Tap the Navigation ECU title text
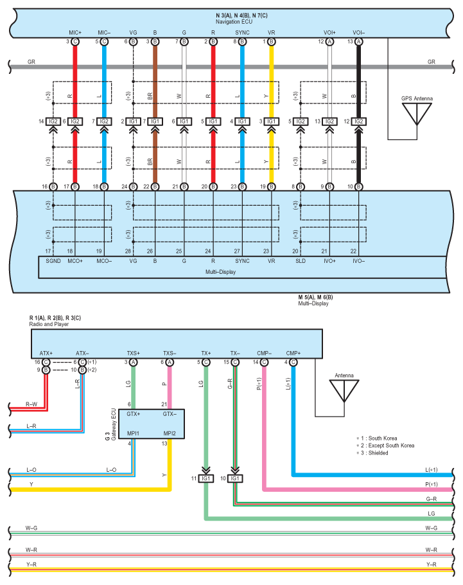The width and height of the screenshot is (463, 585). (x=234, y=22)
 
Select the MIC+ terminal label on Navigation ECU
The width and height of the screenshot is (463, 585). (x=75, y=33)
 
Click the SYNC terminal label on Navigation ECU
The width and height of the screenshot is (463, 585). (x=242, y=33)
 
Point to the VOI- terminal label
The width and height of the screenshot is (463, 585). (x=358, y=33)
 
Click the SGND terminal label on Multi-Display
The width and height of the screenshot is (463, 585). (x=53, y=261)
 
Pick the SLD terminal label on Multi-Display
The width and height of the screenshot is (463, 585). (x=301, y=261)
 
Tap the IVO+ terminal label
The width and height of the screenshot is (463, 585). (x=329, y=261)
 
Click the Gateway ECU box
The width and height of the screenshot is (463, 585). (x=152, y=424)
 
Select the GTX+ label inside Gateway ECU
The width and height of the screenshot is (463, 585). (x=133, y=414)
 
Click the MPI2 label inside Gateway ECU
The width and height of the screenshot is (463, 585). (x=170, y=433)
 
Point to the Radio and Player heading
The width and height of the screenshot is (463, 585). (x=49, y=325)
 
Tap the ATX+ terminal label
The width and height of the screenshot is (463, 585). (x=46, y=354)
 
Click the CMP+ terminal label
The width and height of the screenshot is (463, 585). (x=293, y=354)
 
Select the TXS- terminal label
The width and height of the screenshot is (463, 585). (x=170, y=354)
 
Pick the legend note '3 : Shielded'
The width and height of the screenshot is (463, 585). (x=372, y=453)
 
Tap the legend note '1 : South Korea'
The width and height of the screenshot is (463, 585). (x=377, y=438)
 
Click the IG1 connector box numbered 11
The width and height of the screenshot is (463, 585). (x=205, y=479)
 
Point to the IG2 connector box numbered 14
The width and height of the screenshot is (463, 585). (x=53, y=122)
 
